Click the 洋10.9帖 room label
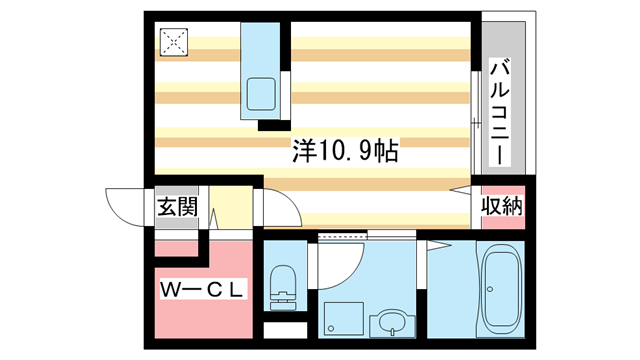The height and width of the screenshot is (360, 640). (345, 151)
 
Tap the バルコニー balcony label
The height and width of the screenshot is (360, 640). (500, 112)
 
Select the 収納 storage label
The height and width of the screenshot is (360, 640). (502, 206)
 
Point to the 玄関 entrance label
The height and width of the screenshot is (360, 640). (178, 207)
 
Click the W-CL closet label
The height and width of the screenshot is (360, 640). (202, 290)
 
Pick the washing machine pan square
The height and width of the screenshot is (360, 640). (344, 319)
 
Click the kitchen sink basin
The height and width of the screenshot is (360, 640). (261, 94)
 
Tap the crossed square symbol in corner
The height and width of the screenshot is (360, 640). (174, 42)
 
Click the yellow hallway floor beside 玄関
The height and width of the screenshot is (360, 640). (231, 207)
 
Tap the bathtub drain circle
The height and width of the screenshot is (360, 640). (490, 289)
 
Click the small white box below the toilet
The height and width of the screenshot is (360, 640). (285, 330)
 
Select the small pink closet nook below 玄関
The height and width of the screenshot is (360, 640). (176, 249)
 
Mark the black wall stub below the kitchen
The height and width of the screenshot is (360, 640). (274, 125)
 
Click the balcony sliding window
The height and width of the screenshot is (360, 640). (476, 123)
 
